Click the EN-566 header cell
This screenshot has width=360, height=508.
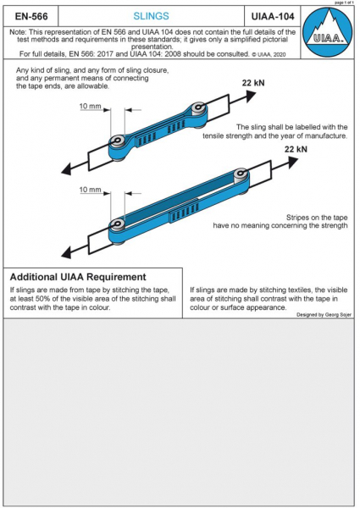[31, 16]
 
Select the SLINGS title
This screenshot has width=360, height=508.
[151, 16]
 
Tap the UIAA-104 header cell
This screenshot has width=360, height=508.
[273, 16]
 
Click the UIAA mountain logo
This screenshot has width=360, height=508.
[327, 31]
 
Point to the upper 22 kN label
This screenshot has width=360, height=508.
[253, 83]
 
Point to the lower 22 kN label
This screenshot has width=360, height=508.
[296, 149]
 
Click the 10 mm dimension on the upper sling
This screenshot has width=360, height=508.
[91, 107]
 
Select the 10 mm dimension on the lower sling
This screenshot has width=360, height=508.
[91, 190]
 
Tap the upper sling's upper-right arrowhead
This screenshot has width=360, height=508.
[251, 95]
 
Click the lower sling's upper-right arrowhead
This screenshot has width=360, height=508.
[292, 161]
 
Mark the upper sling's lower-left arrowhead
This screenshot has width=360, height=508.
[67, 168]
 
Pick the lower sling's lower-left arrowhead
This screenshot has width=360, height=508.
[67, 251]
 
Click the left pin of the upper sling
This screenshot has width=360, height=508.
[117, 141]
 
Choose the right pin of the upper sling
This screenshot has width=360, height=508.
[197, 107]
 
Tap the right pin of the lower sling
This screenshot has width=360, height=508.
[241, 173]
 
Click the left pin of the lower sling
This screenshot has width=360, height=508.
[117, 224]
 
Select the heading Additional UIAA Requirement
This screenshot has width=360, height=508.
[78, 277]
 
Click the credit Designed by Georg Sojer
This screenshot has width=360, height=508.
[324, 315]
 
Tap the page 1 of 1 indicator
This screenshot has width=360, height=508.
[345, 3]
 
